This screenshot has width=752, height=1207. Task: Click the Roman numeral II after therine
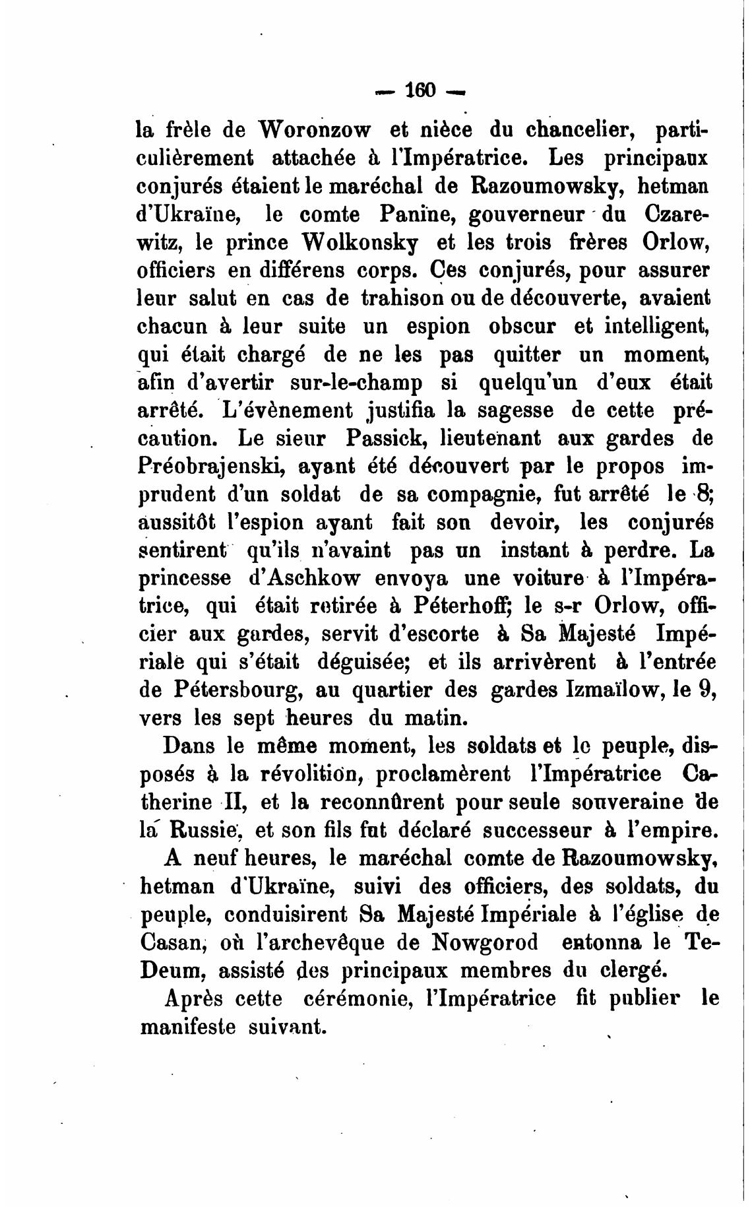click(232, 802)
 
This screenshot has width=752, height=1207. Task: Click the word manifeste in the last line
click(187, 1027)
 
